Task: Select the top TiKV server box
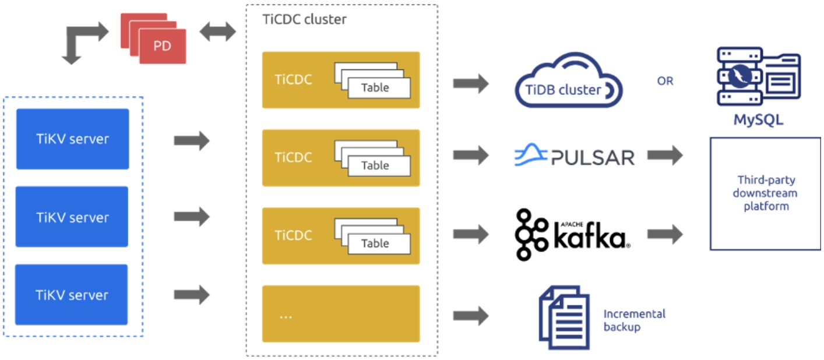[72, 139]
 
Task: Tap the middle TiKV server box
[72, 217]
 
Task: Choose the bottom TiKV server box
[72, 294]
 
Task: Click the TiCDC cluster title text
[304, 19]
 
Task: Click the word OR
[665, 81]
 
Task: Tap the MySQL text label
[758, 121]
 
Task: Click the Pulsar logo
[574, 156]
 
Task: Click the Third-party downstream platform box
[765, 193]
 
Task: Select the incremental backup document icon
[560, 316]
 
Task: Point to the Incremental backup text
[634, 320]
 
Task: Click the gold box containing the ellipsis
[341, 313]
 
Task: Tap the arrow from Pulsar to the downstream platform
[665, 156]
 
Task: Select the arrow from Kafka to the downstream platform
[665, 235]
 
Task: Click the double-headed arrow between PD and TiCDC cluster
[217, 32]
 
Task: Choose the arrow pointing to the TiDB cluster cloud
[471, 83]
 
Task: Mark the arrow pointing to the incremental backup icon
[471, 316]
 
